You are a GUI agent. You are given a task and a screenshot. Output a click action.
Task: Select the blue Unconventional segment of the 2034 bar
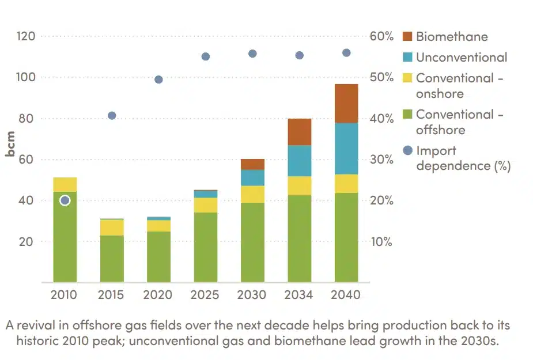pyautogui.click(x=299, y=161)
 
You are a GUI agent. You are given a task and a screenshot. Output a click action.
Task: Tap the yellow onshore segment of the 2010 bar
pyautogui.click(x=65, y=184)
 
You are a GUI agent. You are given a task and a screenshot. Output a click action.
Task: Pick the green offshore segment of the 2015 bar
pyautogui.click(x=112, y=259)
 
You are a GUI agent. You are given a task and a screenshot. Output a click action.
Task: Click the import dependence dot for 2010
pyautogui.click(x=65, y=200)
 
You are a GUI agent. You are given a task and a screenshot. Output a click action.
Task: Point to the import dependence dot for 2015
pyautogui.click(x=112, y=116)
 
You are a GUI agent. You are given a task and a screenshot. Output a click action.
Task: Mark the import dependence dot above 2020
pyautogui.click(x=158, y=79)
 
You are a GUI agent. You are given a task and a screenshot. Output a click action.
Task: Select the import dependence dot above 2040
pyautogui.click(x=346, y=53)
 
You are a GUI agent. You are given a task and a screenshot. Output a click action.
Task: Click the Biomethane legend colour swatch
pyautogui.click(x=408, y=36)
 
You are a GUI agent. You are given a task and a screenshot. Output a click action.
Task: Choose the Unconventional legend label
pyautogui.click(x=462, y=57)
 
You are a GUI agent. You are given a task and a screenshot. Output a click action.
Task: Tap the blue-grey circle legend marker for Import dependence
pyautogui.click(x=408, y=150)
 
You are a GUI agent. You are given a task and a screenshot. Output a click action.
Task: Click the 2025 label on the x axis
pyautogui.click(x=205, y=295)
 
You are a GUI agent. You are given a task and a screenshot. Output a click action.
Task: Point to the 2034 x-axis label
pyautogui.click(x=299, y=295)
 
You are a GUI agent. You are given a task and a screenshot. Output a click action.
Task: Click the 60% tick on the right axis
pyautogui.click(x=381, y=36)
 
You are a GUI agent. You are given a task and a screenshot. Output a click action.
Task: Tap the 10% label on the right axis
pyautogui.click(x=381, y=242)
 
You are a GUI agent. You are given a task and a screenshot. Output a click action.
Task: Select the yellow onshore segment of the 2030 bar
pyautogui.click(x=252, y=194)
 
